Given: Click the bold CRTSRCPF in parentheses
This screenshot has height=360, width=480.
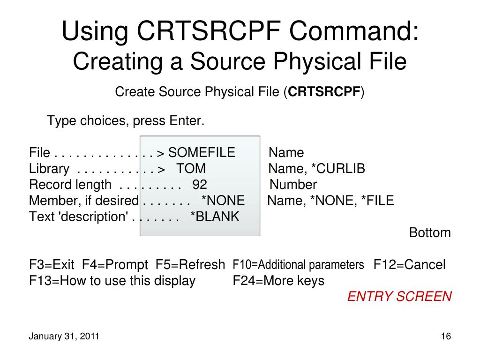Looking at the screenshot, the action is (x=324, y=92).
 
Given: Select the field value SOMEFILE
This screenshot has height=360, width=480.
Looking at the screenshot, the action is (x=202, y=153).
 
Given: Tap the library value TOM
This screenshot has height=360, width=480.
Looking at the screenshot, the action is (x=191, y=169).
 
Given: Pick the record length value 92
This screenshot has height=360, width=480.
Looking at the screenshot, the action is (x=200, y=185).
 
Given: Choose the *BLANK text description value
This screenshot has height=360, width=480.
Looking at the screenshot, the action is (x=215, y=217).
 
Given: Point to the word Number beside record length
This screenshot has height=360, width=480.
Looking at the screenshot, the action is (x=293, y=185).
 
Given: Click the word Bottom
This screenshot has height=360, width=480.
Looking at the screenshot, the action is (x=430, y=232).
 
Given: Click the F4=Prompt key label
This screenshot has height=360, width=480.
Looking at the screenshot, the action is (x=115, y=265).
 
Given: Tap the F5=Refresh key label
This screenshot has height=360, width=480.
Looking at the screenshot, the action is (x=190, y=265).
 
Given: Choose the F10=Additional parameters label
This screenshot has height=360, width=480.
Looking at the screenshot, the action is (x=298, y=265).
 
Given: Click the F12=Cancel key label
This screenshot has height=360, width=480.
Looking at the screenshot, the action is (x=409, y=265).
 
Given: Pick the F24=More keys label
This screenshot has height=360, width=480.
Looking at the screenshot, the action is (x=278, y=281).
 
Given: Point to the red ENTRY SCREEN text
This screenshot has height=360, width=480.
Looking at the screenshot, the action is (x=399, y=297).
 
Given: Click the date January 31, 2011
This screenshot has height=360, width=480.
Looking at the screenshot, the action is (x=64, y=337).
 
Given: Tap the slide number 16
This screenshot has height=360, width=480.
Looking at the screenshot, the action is (x=445, y=337).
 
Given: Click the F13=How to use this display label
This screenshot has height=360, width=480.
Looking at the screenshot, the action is (x=112, y=281).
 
